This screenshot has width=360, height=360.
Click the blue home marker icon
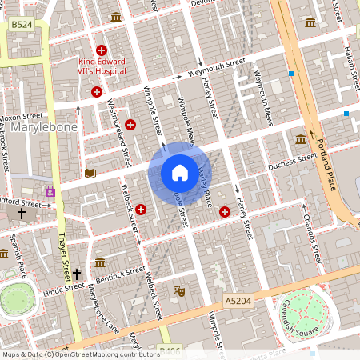pyautogui.click(x=180, y=173)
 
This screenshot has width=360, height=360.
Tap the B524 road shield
pyautogui.click(x=21, y=26)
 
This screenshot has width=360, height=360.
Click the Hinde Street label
pyautogui.click(x=63, y=288)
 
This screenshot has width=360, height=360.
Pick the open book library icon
pyautogui.click(x=90, y=173)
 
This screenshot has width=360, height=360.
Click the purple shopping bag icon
pyautogui.click(x=51, y=192)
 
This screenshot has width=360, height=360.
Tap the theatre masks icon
pyautogui.click(x=180, y=292)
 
